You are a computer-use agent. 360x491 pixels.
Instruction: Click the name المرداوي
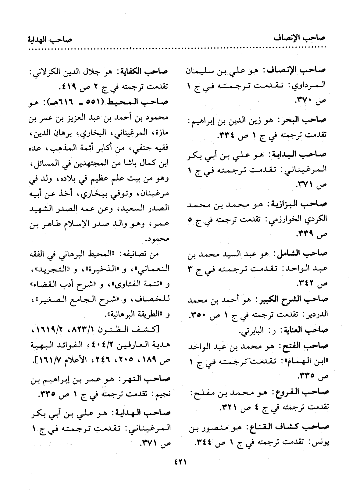coord(311,85)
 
